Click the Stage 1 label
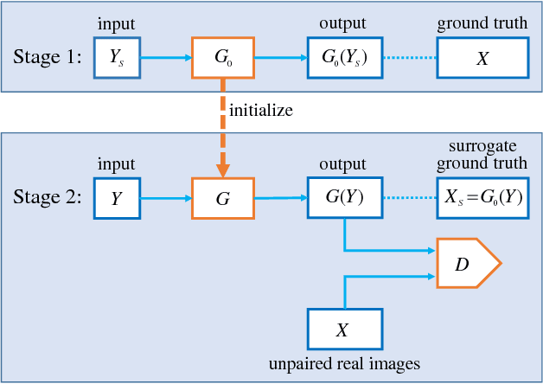(x=48, y=58)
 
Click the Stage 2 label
(x=48, y=197)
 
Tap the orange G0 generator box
(x=223, y=58)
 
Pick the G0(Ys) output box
(x=343, y=58)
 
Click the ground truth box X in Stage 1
(x=482, y=58)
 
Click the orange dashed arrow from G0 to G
(x=223, y=130)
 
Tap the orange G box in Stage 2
(x=223, y=197)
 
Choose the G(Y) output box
(x=343, y=197)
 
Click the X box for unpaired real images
(x=343, y=330)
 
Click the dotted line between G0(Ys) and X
(x=407, y=58)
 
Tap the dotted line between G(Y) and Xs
(x=407, y=197)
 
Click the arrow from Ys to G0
(x=166, y=58)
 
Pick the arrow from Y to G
(x=166, y=197)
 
